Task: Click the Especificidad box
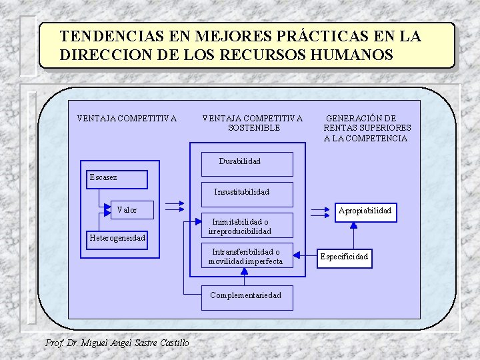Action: pyautogui.click(x=345, y=257)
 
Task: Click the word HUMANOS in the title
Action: pyautogui.click(x=356, y=55)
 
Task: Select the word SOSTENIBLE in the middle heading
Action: pyautogui.click(x=254, y=128)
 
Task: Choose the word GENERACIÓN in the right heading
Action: pyautogui.click(x=351, y=118)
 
